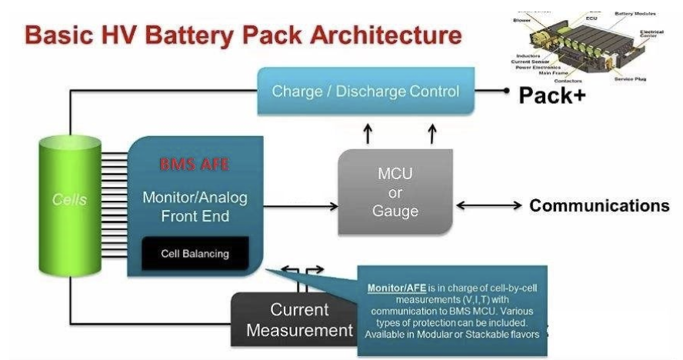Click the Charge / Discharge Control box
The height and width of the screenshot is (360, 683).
[365, 92]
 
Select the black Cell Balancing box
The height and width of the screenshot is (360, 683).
[195, 253]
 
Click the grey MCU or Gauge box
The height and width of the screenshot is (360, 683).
[395, 193]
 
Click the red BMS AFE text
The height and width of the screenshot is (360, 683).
[195, 164]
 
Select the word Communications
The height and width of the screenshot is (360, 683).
[599, 205]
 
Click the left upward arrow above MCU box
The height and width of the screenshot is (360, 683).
[368, 132]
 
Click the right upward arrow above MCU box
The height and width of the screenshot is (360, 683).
[432, 132]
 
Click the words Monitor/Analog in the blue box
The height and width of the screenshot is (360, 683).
[195, 198]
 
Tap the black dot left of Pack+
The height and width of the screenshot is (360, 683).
[507, 91]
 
